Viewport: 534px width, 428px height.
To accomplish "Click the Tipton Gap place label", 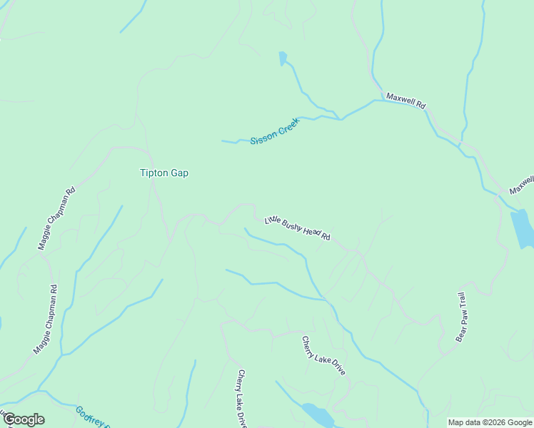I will [164, 173].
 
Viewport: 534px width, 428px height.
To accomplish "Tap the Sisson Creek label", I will [275, 131].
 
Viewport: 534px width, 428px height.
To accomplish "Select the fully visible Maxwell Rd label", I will [405, 100].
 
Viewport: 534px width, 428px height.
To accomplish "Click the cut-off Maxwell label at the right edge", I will [521, 185].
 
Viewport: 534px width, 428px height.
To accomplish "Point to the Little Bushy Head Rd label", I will [297, 228].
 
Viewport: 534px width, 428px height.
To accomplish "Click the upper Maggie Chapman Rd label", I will [56, 218].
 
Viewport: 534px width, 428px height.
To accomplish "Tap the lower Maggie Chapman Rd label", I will [44, 320].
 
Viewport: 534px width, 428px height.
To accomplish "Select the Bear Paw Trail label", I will [461, 316].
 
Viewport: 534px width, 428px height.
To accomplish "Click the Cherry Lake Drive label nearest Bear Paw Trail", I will [313, 356].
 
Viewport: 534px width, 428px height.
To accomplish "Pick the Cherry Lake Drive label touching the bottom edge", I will [242, 398].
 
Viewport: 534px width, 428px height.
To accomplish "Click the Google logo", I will [24, 419].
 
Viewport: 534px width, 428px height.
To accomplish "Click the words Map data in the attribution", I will [464, 422].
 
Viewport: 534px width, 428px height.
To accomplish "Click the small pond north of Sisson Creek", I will [283, 58].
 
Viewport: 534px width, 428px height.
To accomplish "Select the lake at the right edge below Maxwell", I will [522, 228].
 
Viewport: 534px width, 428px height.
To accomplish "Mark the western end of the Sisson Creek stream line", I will [223, 141].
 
